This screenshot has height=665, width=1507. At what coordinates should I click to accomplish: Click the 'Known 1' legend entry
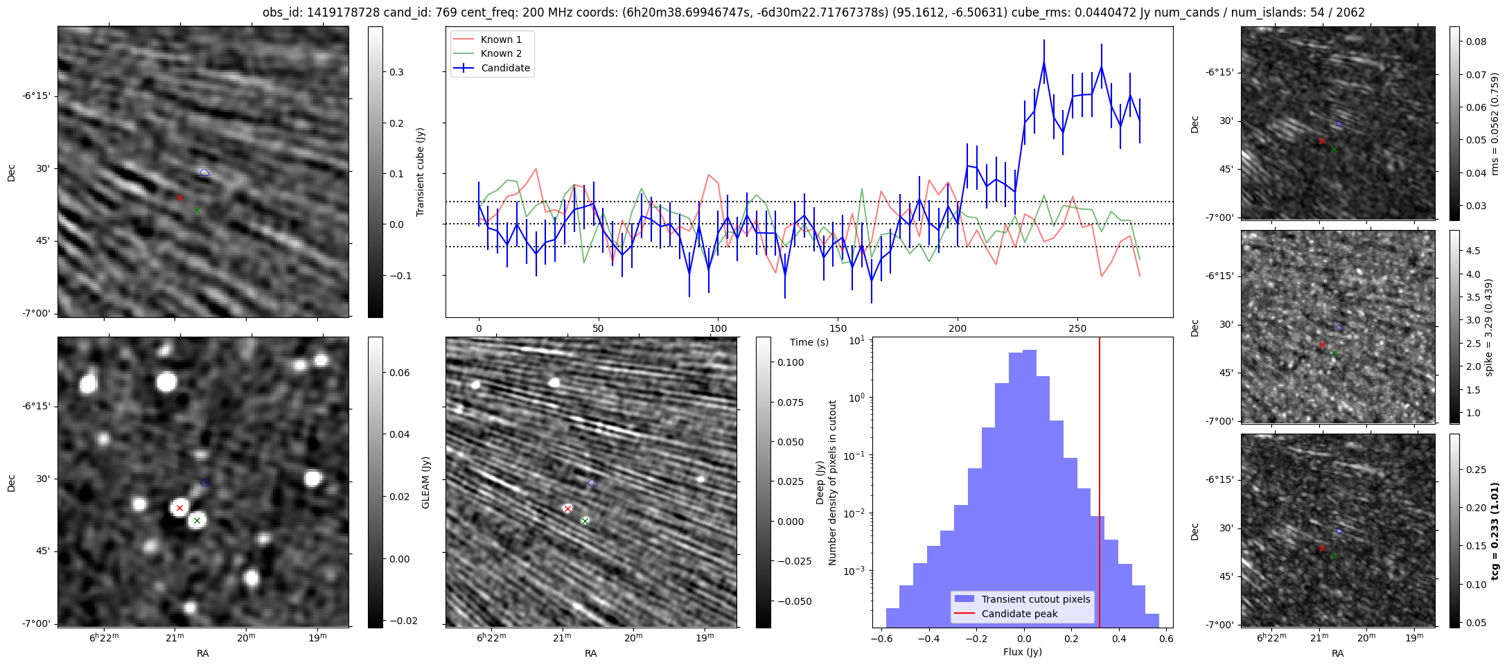pos(501,39)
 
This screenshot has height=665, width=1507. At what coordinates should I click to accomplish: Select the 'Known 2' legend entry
pos(501,53)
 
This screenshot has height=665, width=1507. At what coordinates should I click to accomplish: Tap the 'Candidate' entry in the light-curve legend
pos(505,68)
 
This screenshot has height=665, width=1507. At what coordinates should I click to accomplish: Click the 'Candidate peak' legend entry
pos(1019,614)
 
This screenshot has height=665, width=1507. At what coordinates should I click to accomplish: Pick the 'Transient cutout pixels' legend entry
pos(1035,599)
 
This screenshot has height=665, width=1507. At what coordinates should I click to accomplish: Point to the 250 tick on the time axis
pos(1077,328)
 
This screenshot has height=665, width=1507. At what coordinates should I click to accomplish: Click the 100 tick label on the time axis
pos(719,328)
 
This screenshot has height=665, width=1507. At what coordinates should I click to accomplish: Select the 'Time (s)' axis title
pos(809,342)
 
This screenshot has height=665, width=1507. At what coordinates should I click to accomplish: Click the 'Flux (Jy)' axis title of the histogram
pos(1022,652)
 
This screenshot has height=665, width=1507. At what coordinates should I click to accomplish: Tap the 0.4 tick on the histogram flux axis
pos(1119,639)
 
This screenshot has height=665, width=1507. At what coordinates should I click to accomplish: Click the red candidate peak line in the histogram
pos(1100,485)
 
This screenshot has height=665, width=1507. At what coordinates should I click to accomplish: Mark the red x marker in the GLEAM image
pos(179,508)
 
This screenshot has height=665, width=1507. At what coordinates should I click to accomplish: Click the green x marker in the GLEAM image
pos(197,520)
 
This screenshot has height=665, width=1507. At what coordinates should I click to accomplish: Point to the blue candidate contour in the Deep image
pos(592,483)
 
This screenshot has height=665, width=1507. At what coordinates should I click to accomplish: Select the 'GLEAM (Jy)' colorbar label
pos(425,482)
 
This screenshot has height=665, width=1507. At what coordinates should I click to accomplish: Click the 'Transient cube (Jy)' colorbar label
pos(420,172)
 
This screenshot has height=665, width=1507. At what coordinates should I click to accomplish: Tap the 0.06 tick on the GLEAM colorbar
pos(399,373)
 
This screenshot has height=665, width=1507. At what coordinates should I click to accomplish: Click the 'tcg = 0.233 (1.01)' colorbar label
pos(1495,531)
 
